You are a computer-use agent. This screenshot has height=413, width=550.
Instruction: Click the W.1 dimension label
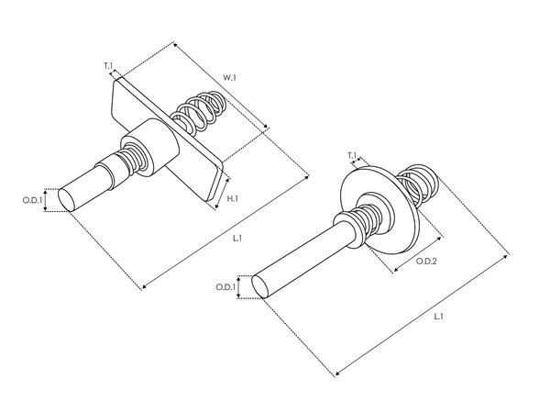[229, 78]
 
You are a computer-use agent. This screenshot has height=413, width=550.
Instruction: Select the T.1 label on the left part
[108, 66]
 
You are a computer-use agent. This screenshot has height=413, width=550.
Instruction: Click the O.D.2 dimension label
[426, 262]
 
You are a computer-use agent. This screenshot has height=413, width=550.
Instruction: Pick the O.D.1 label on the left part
[33, 199]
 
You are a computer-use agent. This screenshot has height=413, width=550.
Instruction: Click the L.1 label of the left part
[236, 239]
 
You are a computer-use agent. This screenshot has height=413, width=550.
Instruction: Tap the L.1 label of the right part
[438, 317]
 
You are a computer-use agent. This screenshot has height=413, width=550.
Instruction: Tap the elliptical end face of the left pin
[67, 198]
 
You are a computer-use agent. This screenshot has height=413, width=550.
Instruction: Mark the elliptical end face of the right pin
[261, 285]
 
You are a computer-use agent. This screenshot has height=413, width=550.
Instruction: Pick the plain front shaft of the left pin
[92, 184]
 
